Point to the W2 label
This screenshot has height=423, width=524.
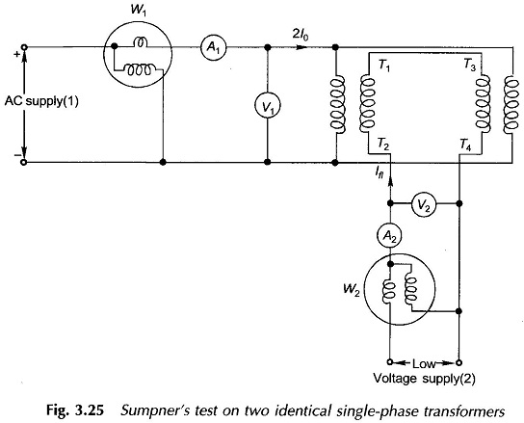(352, 289)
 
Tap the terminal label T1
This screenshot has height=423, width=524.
(383, 66)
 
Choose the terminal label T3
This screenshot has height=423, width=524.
(470, 65)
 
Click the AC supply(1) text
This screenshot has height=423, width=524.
(41, 101)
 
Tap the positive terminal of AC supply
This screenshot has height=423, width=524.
(24, 47)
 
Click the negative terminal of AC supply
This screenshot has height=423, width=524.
(24, 163)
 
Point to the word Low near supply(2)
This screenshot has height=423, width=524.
(424, 363)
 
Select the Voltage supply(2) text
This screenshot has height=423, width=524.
(424, 379)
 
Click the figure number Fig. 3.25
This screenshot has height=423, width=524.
(75, 410)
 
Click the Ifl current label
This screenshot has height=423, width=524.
(379, 172)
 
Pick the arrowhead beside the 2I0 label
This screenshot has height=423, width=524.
(301, 47)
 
